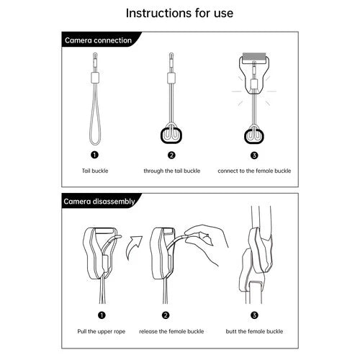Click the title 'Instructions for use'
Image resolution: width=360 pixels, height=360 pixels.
[x=179, y=13]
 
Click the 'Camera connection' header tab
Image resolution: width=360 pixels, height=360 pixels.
[x=99, y=40]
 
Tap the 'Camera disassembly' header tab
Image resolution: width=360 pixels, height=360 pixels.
[x=99, y=201]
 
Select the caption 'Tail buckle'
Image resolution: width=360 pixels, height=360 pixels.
[x=95, y=171]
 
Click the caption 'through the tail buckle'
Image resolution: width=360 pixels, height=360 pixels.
[x=172, y=171]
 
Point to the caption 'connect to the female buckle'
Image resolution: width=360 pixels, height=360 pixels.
[x=254, y=171]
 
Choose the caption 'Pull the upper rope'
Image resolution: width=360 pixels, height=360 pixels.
[x=102, y=331]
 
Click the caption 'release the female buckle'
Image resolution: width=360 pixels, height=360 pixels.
[x=171, y=331]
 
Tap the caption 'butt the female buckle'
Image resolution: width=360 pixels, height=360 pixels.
[x=254, y=331]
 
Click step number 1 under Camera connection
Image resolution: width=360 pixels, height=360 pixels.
[x=95, y=155]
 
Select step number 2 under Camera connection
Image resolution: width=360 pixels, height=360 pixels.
[x=171, y=156]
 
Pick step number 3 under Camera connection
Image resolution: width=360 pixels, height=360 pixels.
[x=254, y=156]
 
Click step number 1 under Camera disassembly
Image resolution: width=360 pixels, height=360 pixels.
[x=102, y=315]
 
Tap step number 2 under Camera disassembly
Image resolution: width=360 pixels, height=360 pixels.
[x=166, y=315]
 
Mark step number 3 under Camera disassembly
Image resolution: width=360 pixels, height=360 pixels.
[x=254, y=315]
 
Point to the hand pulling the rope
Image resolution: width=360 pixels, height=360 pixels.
[x=207, y=243]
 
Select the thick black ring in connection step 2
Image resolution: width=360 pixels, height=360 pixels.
[x=161, y=135]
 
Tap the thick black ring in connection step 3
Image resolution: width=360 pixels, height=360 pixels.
[x=246, y=136]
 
